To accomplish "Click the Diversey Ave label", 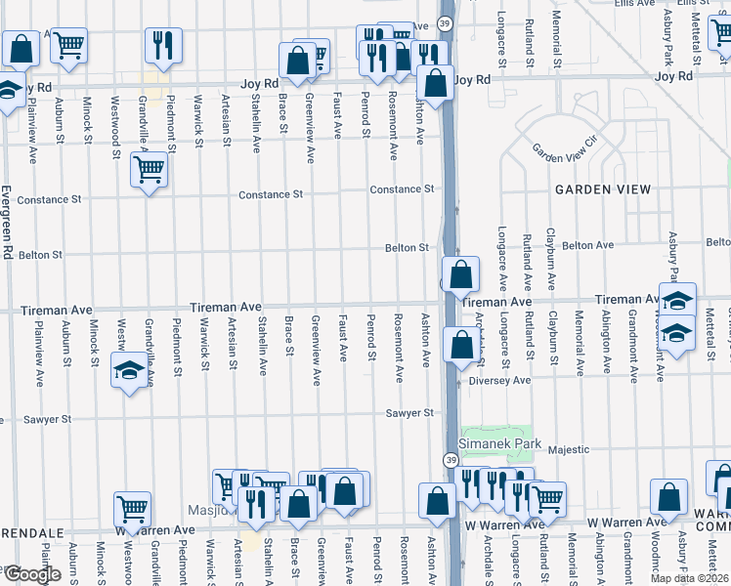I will (499, 380).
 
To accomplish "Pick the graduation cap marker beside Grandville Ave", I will (129, 371).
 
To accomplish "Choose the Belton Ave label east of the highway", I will (587, 245).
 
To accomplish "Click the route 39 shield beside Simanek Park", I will (451, 460).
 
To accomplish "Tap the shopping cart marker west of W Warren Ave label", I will (132, 508).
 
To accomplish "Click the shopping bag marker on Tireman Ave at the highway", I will (460, 274).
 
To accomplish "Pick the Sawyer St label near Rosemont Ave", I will (408, 414).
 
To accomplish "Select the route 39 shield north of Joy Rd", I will (446, 22).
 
